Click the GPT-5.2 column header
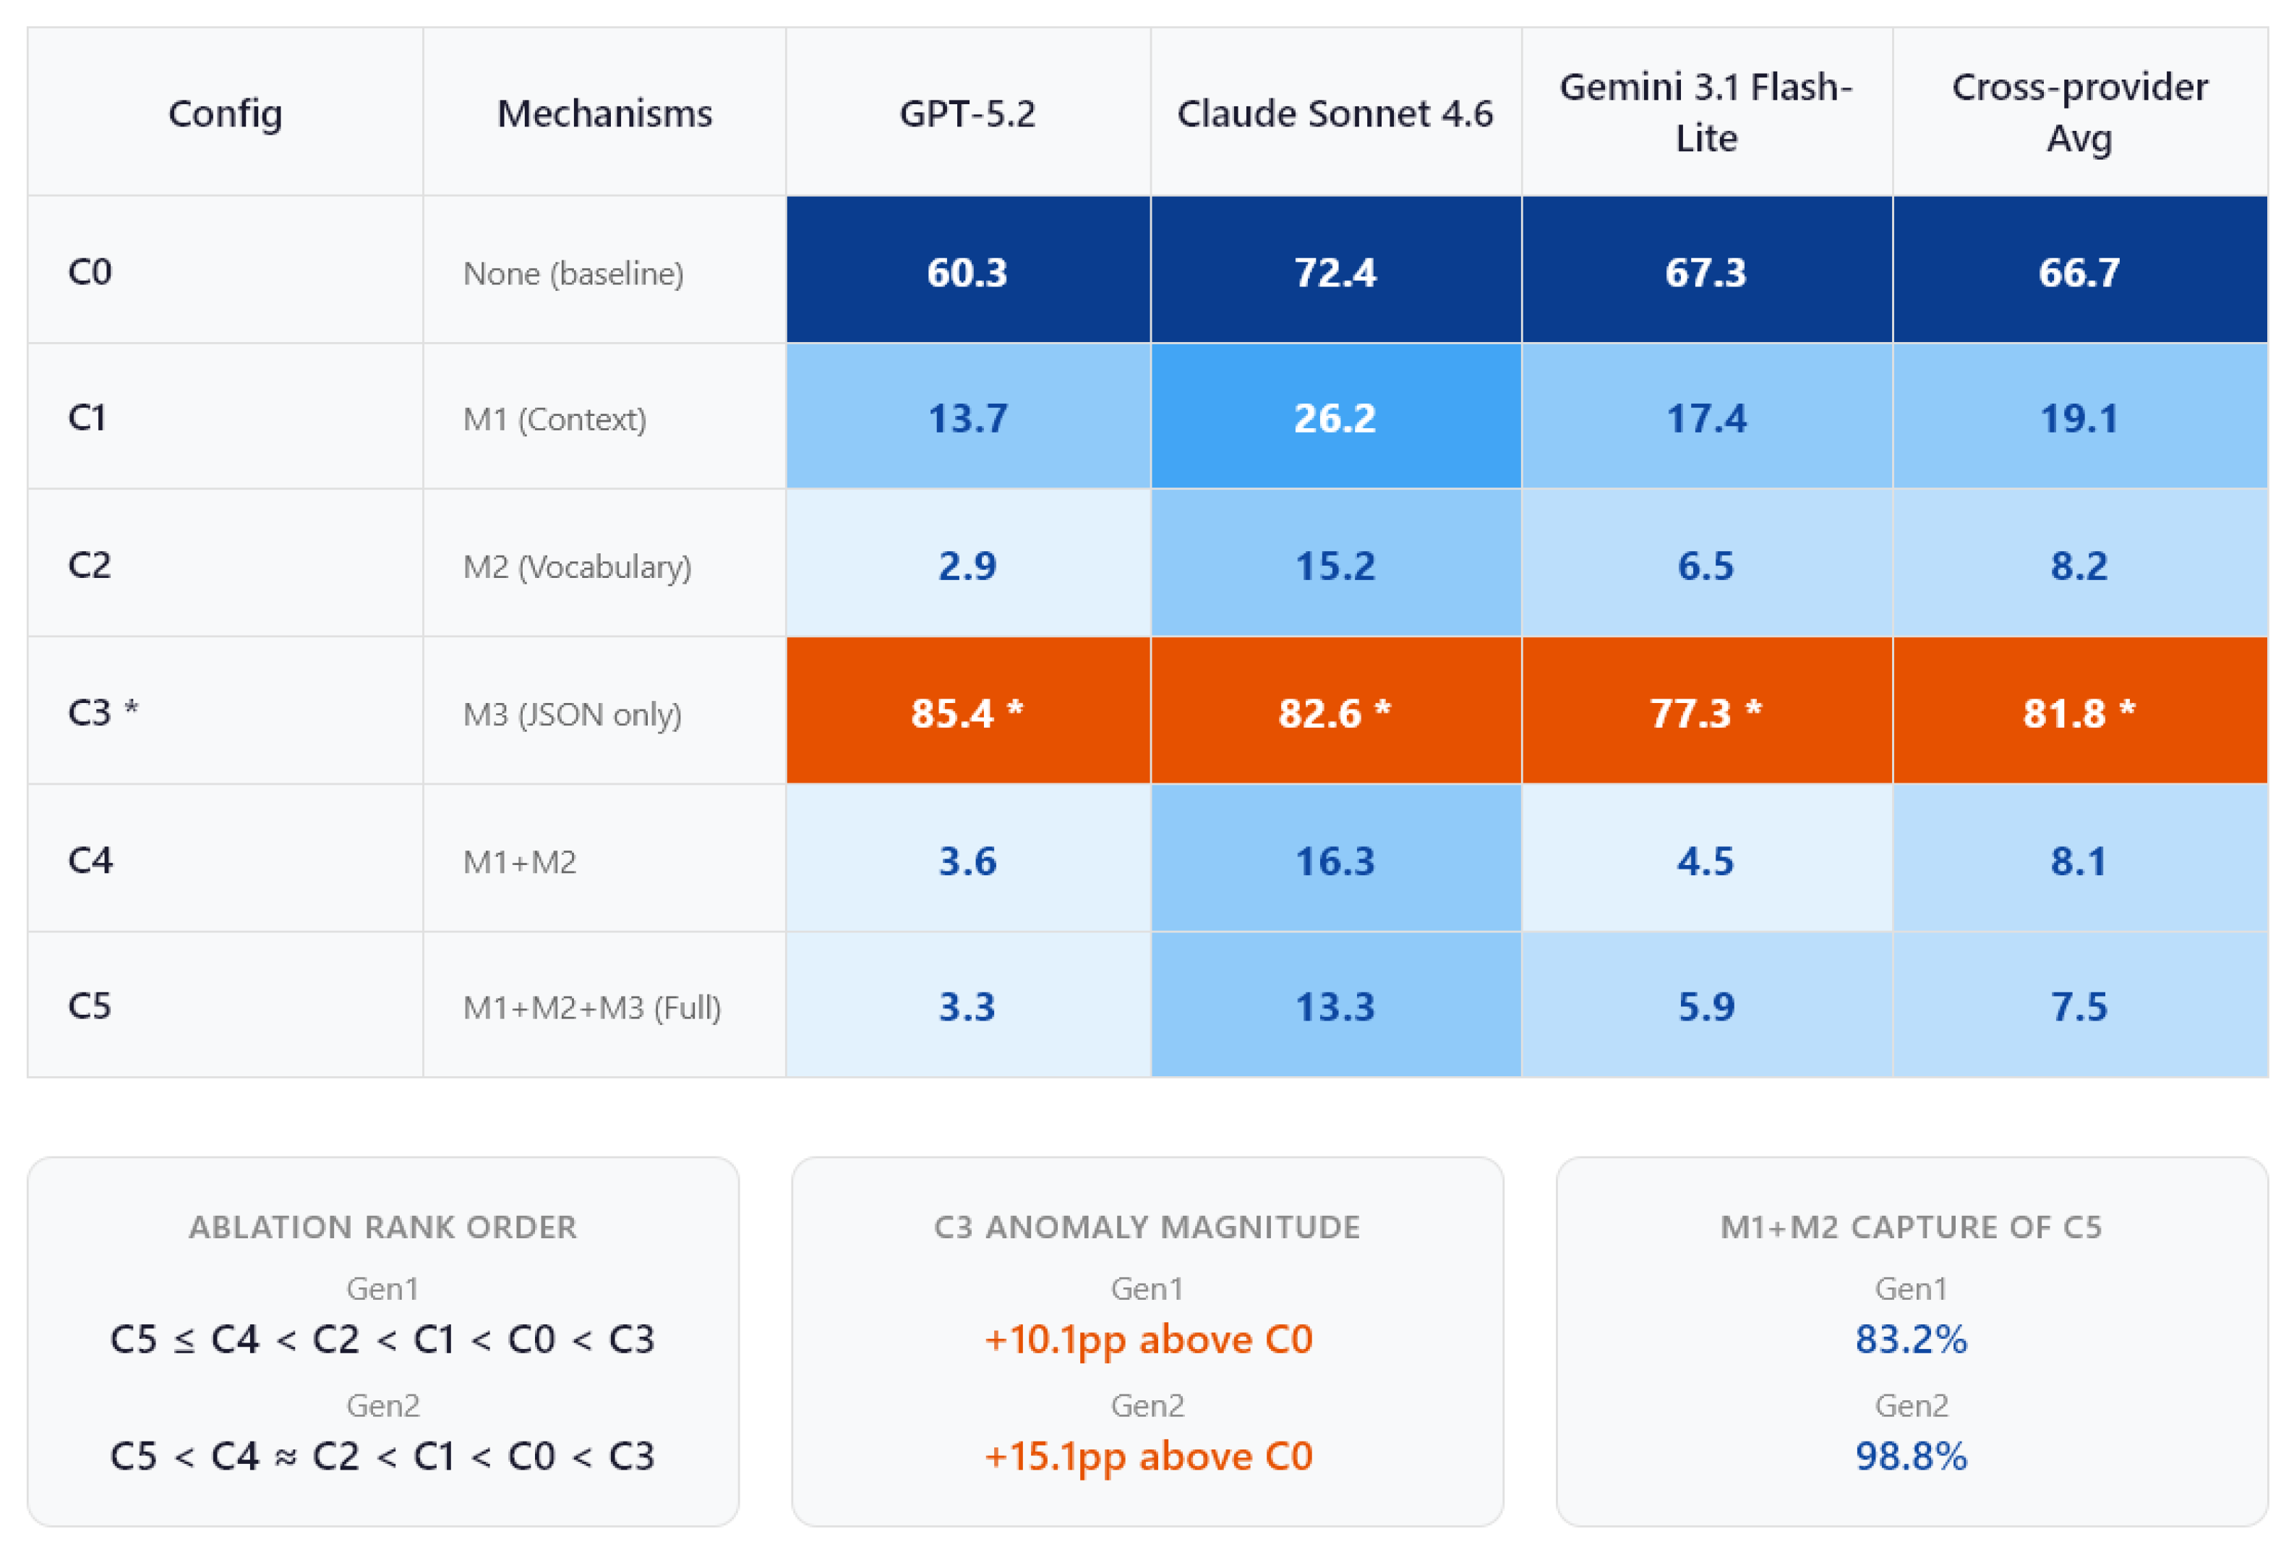pos(967,114)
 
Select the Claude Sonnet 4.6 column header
pos(1335,114)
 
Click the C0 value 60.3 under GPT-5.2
pos(967,271)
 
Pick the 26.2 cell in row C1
pos(1335,417)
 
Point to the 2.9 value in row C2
pos(967,566)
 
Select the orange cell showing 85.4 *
pos(967,712)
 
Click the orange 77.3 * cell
pos(1705,712)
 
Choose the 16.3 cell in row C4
pos(1335,861)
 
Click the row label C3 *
pos(103,712)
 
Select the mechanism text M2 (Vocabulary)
pos(578,566)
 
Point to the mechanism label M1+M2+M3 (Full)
pos(592,1007)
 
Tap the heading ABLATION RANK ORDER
pos(383,1226)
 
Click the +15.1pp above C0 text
pos(1148,1456)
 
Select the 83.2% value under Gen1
pos(1911,1339)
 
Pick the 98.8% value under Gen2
pos(1911,1456)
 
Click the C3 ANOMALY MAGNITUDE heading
pos(1147,1226)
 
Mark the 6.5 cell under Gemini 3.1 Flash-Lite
pos(1705,566)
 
